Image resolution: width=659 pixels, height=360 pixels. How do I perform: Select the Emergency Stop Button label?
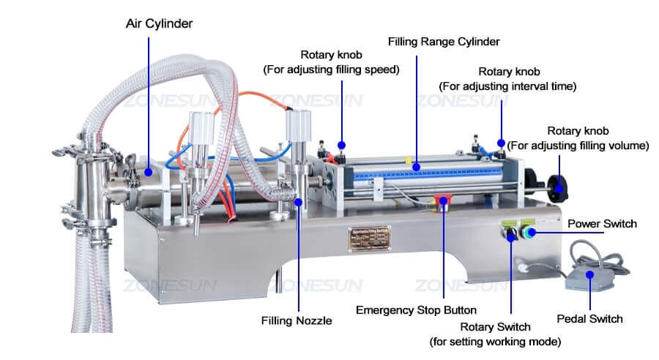(416, 310)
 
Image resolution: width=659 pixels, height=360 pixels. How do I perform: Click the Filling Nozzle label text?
(297, 320)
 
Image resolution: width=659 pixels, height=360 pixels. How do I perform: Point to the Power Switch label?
(602, 223)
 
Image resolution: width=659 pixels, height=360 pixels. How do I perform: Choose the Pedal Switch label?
(589, 318)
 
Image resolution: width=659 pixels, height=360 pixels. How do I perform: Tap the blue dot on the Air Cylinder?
(149, 172)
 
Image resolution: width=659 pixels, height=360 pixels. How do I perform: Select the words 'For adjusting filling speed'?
(331, 70)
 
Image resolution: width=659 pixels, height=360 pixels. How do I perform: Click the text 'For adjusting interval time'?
(508, 86)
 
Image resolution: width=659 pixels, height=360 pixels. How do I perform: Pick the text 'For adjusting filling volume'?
(578, 146)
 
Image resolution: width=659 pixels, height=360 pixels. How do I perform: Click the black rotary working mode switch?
(511, 236)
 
